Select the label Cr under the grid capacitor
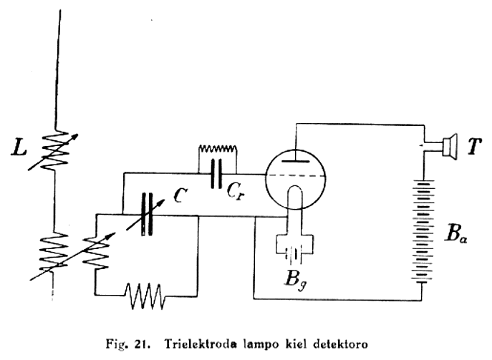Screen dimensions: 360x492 [240, 190]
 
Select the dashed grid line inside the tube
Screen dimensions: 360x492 [296, 174]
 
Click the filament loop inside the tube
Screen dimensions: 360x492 [296, 197]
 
